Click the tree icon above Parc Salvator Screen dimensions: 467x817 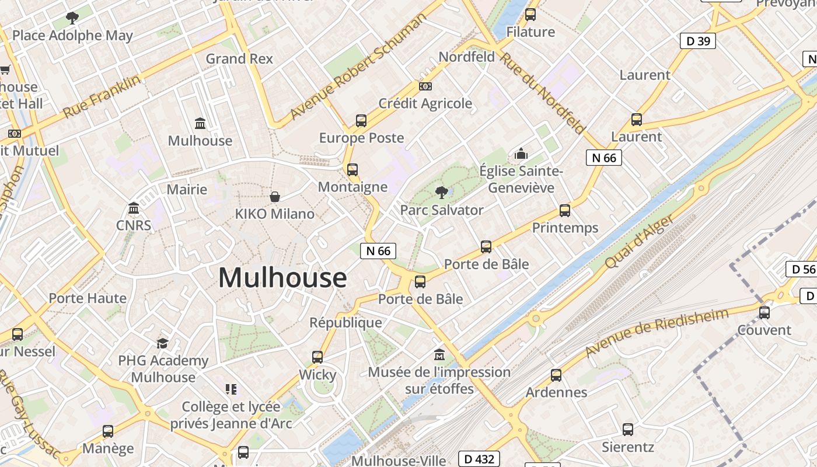442,192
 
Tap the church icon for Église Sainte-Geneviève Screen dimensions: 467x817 521,154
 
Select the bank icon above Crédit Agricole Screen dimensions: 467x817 425,86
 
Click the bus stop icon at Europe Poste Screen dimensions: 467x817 361,121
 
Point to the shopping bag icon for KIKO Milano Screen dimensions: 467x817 274,197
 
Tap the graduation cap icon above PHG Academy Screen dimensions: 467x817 162,343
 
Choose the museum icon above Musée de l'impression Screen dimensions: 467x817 439,354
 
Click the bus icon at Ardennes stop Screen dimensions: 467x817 556,375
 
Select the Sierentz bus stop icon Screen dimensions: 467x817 628,430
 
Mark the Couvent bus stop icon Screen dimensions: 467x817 764,312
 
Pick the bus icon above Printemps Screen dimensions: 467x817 564,211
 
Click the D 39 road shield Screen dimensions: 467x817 698,41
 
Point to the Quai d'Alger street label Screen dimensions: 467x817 639,242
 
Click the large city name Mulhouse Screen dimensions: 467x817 282,277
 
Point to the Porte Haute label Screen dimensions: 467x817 88,298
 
